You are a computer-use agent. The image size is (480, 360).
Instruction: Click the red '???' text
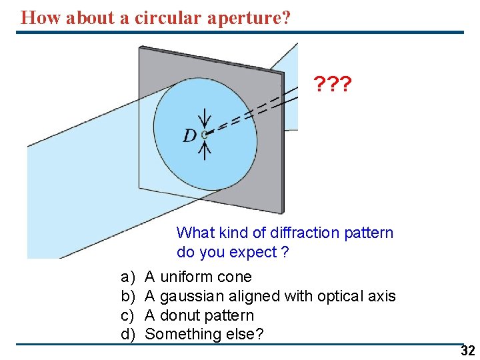tap(333, 85)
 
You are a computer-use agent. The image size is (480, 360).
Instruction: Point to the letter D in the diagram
tap(190, 136)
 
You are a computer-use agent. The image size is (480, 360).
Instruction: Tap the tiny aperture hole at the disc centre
tap(205, 133)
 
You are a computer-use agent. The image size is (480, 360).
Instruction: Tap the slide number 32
tap(467, 351)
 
